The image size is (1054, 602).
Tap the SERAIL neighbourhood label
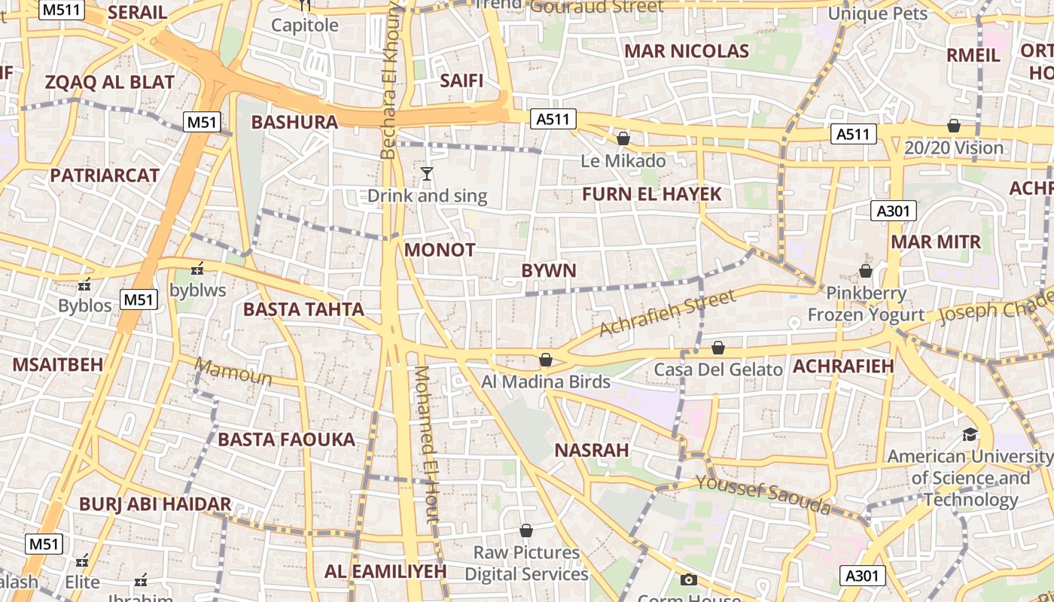coord(137,13)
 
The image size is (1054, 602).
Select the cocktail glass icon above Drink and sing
coord(427,175)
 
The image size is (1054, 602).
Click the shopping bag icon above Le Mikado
coord(623,138)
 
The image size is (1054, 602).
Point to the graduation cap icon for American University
coord(970,434)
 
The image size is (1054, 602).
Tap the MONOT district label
coord(440,250)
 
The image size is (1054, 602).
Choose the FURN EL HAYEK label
coord(652,194)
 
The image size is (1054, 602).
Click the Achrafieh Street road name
coord(667,313)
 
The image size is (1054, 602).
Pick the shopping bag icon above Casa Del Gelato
coord(718,348)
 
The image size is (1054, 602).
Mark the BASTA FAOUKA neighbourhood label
coord(286,439)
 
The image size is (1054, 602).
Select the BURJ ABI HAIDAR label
coord(155,504)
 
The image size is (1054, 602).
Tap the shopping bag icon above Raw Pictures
coord(526,531)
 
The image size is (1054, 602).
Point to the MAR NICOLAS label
coord(687,51)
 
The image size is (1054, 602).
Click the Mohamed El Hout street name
coord(426,444)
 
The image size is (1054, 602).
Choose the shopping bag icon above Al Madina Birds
coord(546,360)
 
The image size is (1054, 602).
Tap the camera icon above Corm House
coord(688,579)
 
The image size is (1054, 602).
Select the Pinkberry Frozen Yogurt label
coord(866,304)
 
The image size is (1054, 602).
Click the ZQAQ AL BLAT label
coord(110,82)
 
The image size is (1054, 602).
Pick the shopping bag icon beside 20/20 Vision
coord(954,126)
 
